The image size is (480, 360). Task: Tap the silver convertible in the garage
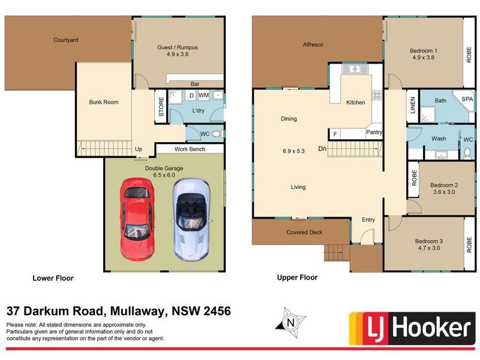(192, 220)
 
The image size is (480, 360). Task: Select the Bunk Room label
(103, 103)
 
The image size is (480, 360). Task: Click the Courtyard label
(66, 40)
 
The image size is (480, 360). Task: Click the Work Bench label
(190, 149)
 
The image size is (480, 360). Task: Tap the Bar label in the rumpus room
(195, 85)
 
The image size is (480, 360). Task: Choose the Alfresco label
(313, 44)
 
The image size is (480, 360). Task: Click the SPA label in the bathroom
(467, 100)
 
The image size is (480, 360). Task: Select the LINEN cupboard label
(413, 106)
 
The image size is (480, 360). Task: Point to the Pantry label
(374, 133)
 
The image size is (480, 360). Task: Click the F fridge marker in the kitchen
(334, 133)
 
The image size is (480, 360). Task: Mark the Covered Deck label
(305, 232)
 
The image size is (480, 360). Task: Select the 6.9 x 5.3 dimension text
(293, 151)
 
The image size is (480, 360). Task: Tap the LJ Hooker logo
(410, 328)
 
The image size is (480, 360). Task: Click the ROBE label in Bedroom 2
(414, 178)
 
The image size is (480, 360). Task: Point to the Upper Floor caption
(297, 278)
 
